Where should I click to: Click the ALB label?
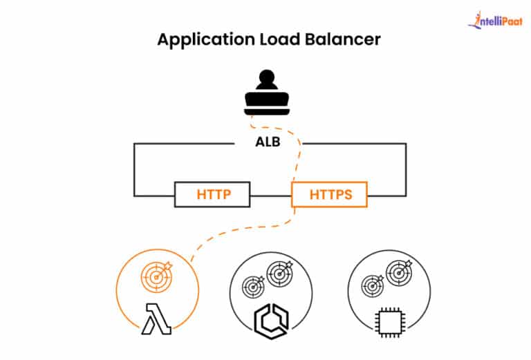(x=265, y=144)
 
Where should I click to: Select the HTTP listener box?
(x=212, y=195)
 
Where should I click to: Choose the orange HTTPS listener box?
(x=329, y=195)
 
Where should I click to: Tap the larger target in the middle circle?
(x=279, y=274)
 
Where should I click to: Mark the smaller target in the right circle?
(x=374, y=285)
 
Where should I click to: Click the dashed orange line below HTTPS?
(x=235, y=228)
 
